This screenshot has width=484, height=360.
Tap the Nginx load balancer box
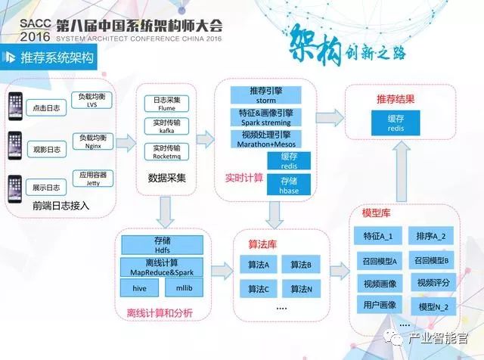click(93, 143)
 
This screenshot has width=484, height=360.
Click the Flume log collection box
click(166, 104)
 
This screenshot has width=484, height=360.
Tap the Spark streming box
click(264, 117)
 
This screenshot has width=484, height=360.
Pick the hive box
click(140, 287)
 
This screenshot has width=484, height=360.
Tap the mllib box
click(184, 287)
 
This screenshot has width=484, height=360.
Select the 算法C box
click(258, 288)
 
